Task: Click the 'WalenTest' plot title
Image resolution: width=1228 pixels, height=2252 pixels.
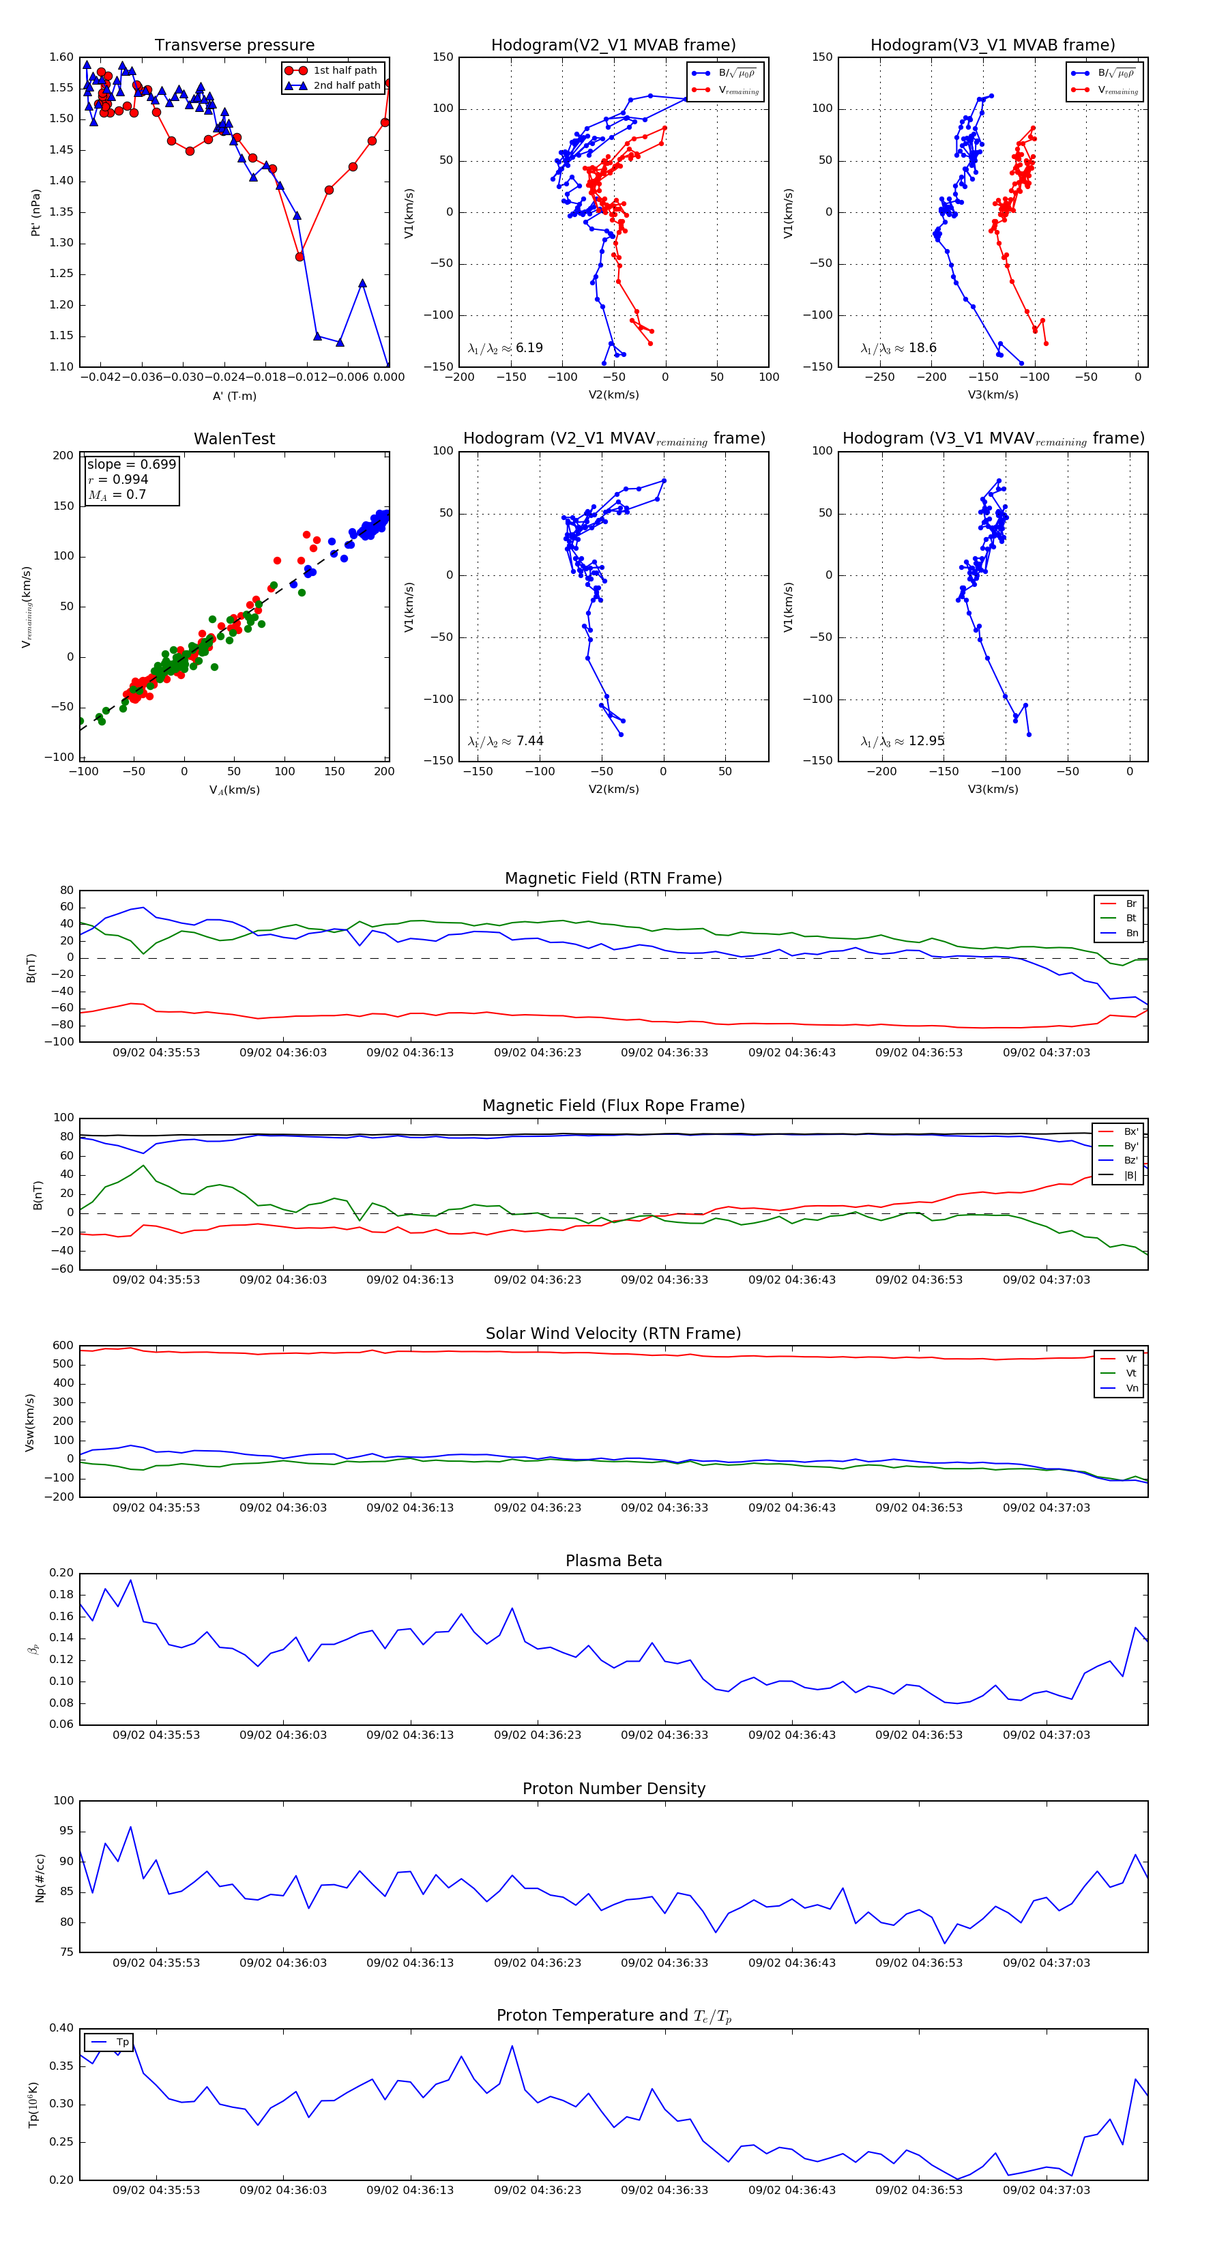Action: (x=234, y=439)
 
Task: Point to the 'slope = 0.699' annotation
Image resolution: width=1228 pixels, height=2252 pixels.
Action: (x=131, y=464)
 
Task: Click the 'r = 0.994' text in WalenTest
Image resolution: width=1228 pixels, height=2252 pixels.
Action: (x=118, y=479)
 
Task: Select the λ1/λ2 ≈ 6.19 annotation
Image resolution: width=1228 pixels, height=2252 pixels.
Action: (x=505, y=348)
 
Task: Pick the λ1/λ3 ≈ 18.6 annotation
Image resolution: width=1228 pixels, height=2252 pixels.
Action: (x=898, y=348)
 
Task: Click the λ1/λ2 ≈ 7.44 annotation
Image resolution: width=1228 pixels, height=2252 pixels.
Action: (x=505, y=741)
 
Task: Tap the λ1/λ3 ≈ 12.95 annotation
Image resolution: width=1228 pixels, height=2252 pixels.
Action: (x=902, y=741)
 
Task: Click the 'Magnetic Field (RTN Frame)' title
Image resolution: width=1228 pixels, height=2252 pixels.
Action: (x=613, y=878)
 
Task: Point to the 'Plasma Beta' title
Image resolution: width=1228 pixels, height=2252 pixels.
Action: (x=613, y=1561)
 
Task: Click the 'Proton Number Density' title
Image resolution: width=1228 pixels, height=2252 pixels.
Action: (x=613, y=1789)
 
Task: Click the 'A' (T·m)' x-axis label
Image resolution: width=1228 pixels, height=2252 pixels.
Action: (x=234, y=396)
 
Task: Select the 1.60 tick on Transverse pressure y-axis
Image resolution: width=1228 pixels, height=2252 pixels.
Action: (x=61, y=57)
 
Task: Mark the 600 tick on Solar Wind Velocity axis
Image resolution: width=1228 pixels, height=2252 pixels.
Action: (x=63, y=1346)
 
